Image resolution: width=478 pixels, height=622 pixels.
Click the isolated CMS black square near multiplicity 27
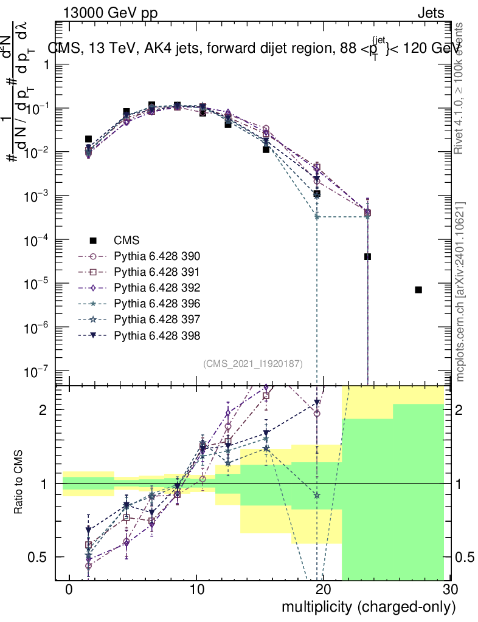click(418, 290)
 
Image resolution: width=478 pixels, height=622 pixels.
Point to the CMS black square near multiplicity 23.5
click(367, 256)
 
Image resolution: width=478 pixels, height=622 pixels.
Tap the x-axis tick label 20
click(323, 590)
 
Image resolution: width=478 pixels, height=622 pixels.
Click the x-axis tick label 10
click(196, 590)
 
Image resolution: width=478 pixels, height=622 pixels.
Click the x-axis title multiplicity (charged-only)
click(368, 606)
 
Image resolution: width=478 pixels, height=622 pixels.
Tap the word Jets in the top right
click(431, 13)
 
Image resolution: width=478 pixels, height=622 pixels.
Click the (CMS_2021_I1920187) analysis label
click(253, 363)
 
